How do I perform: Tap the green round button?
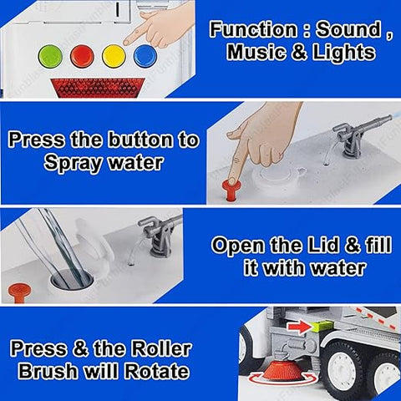50,56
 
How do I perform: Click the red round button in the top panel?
82,56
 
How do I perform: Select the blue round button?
145,56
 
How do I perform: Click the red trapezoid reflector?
98,88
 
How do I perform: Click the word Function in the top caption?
253,29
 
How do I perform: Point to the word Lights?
344,53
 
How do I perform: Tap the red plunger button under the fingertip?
231,190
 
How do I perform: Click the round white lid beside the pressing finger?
278,178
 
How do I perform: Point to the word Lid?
324,245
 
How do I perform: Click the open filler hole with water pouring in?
72,279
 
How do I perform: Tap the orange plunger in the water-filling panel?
19,293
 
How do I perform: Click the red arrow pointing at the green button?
299,327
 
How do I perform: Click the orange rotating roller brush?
282,369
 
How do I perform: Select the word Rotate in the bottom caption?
157,371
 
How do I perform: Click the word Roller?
161,348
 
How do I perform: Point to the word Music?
256,53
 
